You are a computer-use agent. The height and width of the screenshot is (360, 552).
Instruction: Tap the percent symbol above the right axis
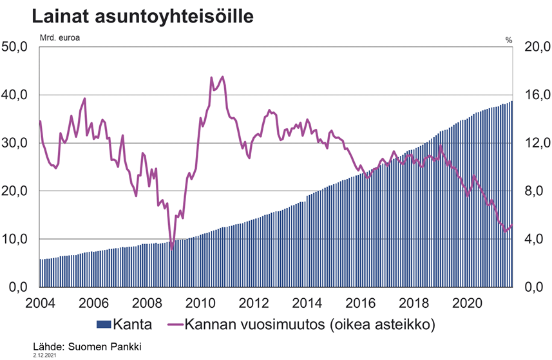point(508,40)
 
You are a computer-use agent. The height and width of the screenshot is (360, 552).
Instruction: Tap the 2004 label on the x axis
point(40,303)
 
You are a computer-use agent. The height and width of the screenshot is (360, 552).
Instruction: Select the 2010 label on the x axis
point(200,303)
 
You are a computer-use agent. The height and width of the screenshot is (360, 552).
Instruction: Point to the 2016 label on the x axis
point(361,303)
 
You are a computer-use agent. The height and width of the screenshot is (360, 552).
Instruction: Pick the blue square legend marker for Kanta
point(104,324)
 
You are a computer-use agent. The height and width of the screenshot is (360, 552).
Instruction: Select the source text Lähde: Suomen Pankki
point(86,346)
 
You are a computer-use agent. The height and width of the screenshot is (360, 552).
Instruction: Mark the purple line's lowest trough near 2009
point(172,248)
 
